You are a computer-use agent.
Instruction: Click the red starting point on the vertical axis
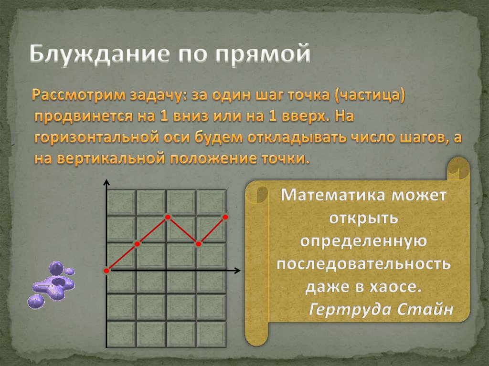106,271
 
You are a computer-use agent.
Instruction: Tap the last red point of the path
225,217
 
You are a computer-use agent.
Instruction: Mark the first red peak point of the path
168,217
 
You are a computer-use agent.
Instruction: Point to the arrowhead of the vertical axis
106,182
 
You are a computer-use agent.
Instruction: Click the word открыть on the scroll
363,218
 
